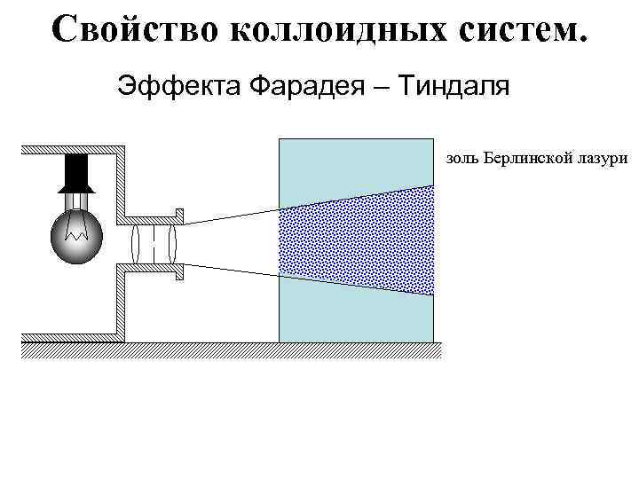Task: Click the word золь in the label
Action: click(x=463, y=160)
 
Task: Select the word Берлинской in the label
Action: click(x=531, y=160)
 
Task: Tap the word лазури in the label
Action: click(x=604, y=160)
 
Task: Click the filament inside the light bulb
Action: click(x=75, y=233)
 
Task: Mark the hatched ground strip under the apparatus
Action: click(x=231, y=349)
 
